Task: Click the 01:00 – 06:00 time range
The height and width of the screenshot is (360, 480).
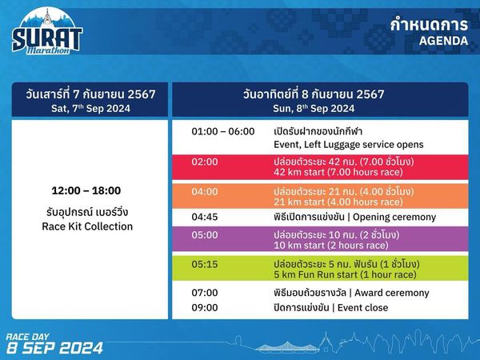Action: pos(222,131)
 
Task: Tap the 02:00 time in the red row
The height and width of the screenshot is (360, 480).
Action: pos(204,161)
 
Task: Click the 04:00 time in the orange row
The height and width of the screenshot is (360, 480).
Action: pos(204,192)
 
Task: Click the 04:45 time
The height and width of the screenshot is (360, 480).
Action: pos(204,217)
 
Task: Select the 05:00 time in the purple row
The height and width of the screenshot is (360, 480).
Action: pos(204,235)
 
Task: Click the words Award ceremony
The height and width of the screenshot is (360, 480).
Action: pos(394,293)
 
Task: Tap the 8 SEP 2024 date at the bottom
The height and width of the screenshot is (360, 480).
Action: pos(54,348)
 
